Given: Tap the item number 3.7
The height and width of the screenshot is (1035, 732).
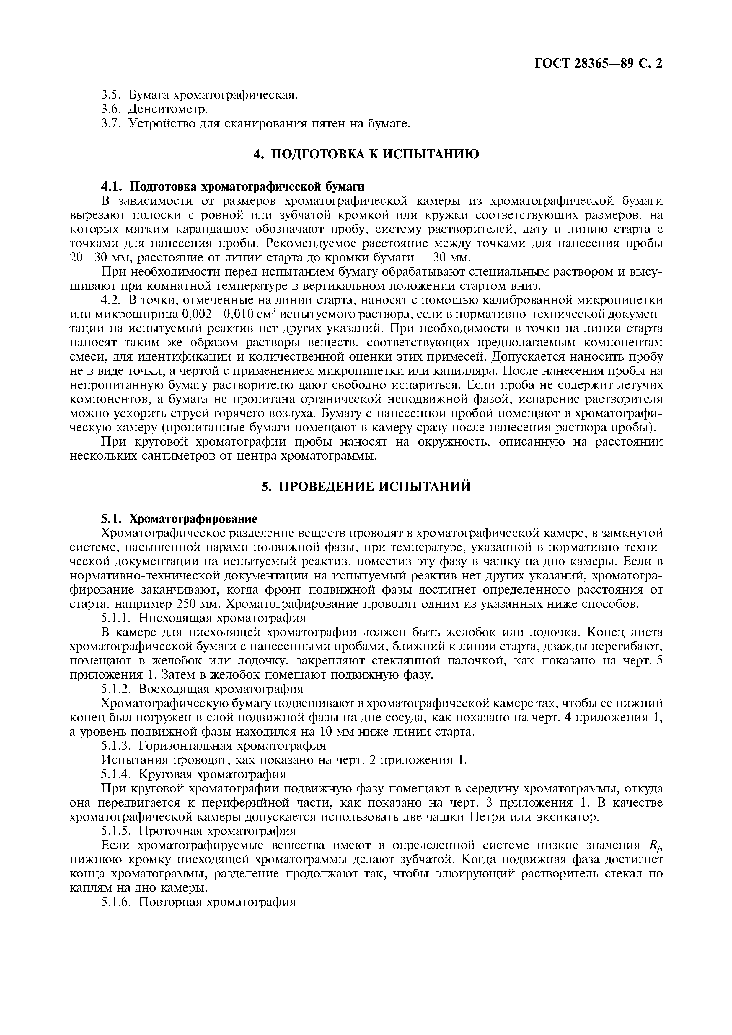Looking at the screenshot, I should point(112,124).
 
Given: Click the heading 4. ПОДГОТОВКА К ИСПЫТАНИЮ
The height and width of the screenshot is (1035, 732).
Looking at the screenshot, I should point(366,154).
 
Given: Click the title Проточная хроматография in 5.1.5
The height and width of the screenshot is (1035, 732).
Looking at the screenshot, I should point(217,831).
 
